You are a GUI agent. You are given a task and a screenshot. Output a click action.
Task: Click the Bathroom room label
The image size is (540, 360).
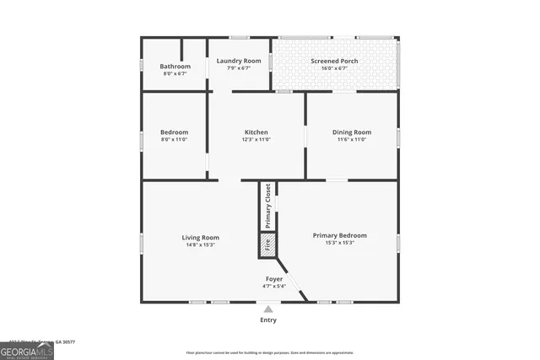[x=175, y=66]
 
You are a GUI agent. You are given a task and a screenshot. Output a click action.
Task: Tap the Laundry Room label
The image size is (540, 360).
[x=239, y=61]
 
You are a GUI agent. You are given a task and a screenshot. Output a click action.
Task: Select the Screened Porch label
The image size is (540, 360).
[x=334, y=61]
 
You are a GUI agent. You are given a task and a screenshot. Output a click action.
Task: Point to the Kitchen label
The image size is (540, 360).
[x=256, y=132]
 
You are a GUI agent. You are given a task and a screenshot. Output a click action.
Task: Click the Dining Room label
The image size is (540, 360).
[x=351, y=132]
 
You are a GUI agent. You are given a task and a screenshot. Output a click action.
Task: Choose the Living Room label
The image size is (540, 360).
[x=201, y=238]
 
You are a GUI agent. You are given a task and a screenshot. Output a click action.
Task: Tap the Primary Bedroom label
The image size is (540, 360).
[x=340, y=235]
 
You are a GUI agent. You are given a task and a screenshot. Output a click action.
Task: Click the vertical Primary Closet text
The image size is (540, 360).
[x=268, y=206]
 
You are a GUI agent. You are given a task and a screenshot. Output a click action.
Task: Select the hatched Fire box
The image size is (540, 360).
[x=267, y=246]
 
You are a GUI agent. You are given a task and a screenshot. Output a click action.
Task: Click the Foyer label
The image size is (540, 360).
[x=274, y=278]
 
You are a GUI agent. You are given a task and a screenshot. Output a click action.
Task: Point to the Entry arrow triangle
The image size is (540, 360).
[x=268, y=309]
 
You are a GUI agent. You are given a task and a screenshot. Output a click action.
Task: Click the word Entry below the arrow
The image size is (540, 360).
[x=268, y=320]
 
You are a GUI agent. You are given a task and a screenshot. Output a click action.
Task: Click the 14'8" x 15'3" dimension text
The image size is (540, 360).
[x=201, y=245]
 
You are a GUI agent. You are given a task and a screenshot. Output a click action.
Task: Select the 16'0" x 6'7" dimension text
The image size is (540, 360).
[x=334, y=68]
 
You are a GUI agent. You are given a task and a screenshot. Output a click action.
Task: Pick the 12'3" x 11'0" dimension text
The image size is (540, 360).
[x=256, y=140]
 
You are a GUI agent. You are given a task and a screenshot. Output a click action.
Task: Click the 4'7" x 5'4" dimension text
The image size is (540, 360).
[x=274, y=286]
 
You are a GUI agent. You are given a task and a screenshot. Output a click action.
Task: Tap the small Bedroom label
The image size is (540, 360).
[x=175, y=132]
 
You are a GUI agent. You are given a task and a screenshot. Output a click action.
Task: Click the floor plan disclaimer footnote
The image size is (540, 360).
[x=293, y=352]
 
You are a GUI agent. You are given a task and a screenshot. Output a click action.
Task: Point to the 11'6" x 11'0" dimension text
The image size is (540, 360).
[x=351, y=140]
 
